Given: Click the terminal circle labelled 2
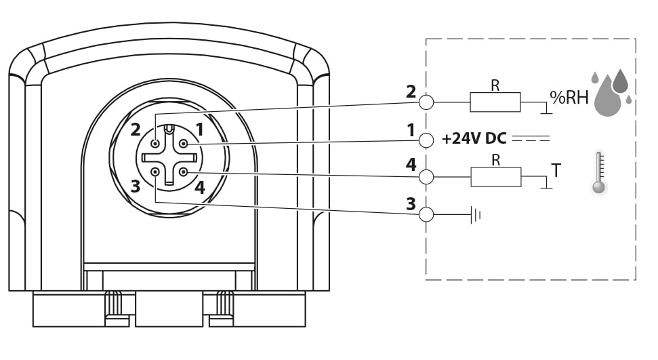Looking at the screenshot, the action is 426,102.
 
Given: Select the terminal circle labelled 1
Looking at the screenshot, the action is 426,140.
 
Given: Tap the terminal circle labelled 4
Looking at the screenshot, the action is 426,177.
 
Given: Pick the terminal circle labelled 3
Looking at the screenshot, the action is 426,215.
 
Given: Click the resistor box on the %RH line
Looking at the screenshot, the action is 495,102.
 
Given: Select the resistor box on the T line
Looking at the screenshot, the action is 496,177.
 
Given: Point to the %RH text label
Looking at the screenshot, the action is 569,98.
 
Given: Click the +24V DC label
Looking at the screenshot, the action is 474,138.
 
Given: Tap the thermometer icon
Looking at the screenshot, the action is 599,172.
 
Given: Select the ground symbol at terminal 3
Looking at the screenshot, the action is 476,215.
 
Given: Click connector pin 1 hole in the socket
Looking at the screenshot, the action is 184,144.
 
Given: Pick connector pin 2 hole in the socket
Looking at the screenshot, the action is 155,144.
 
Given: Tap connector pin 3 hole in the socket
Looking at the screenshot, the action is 155,172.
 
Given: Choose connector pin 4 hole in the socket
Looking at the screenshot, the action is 184,172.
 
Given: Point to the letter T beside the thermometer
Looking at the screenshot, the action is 556,171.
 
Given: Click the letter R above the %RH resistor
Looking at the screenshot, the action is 495,85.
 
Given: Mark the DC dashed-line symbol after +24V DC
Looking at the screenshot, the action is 531,138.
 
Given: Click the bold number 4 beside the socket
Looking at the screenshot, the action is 200,187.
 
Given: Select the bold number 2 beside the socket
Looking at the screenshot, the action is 135,129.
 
